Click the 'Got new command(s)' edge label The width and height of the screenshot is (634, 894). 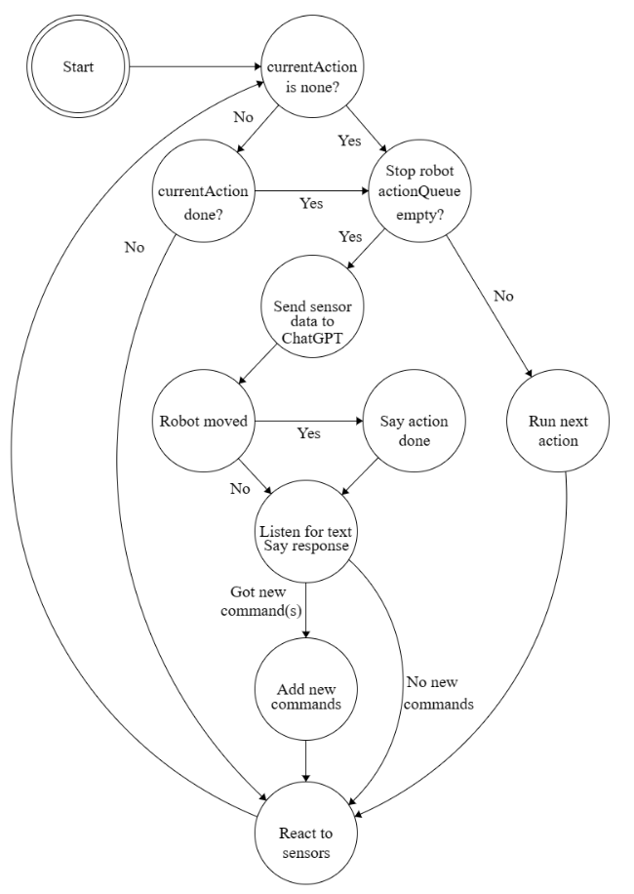pyautogui.click(x=260, y=601)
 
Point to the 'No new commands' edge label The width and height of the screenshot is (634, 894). pyautogui.click(x=439, y=693)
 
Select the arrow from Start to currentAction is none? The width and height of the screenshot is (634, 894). pyautogui.click(x=195, y=66)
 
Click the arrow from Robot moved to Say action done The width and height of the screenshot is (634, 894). pyautogui.click(x=309, y=422)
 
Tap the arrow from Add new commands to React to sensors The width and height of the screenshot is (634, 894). pyautogui.click(x=306, y=761)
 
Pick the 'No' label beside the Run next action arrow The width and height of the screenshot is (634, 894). pyautogui.click(x=503, y=296)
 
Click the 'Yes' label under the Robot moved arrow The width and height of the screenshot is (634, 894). pyautogui.click(x=309, y=433)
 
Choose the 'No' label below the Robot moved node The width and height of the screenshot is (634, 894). pyautogui.click(x=240, y=489)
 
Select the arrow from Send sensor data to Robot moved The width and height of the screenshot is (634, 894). pyautogui.click(x=258, y=365)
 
